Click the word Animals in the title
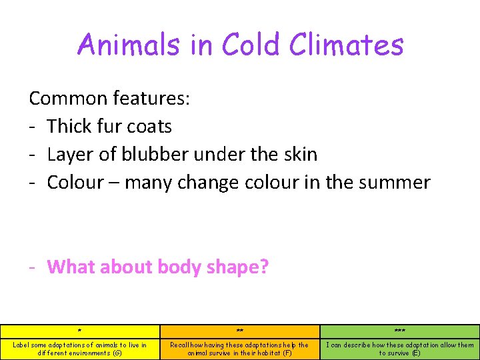pyautogui.click(x=119, y=45)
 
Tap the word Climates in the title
pyautogui.click(x=347, y=45)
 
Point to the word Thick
pyautogui.click(x=71, y=126)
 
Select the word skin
pyautogui.click(x=299, y=154)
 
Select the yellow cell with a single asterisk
pyautogui.click(x=80, y=331)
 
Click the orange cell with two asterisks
pyautogui.click(x=240, y=331)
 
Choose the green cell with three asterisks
pyautogui.click(x=400, y=331)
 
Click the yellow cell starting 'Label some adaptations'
pyautogui.click(x=80, y=349)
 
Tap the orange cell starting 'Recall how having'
pyautogui.click(x=240, y=349)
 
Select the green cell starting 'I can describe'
pyautogui.click(x=400, y=349)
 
